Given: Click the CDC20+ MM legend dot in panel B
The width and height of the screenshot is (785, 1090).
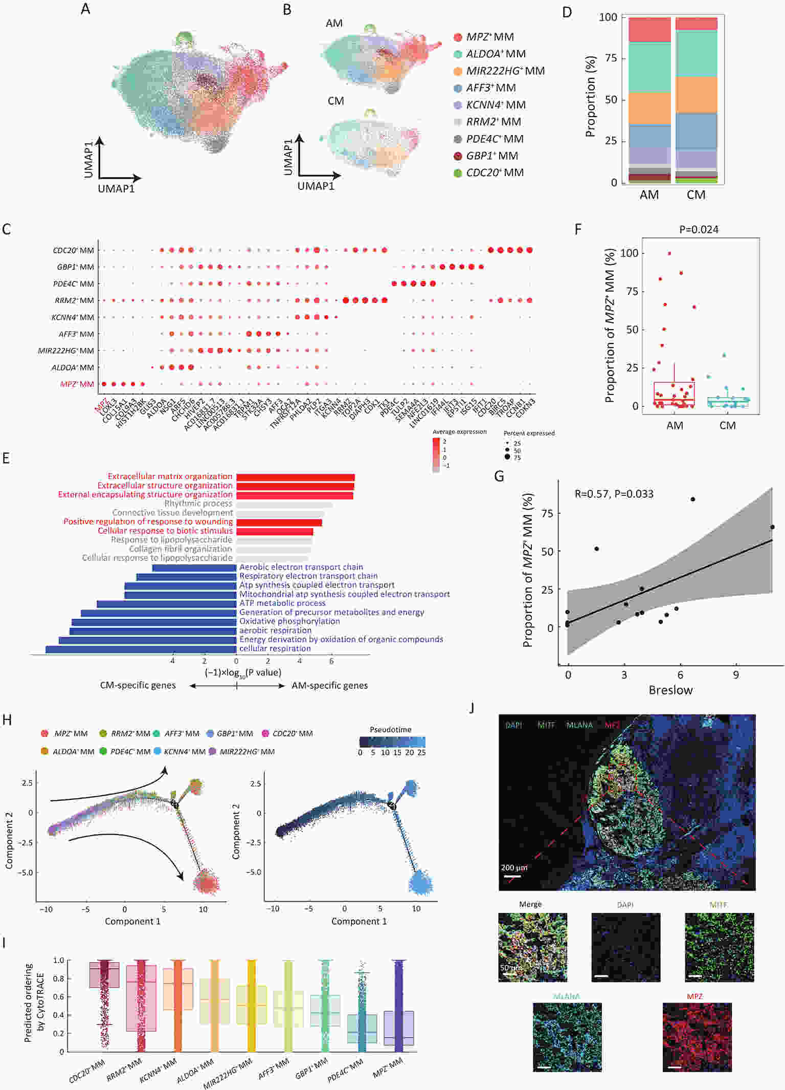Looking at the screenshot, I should pyautogui.click(x=458, y=173).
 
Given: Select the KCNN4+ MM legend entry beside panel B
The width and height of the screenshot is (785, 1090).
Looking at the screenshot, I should pyautogui.click(x=496, y=105).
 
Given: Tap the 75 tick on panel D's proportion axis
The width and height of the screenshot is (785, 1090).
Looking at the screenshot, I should pyautogui.click(x=611, y=58).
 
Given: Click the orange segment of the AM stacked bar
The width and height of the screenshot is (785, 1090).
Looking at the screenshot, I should pyautogui.click(x=649, y=108).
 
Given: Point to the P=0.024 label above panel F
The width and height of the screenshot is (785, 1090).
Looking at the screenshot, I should pyautogui.click(x=699, y=230).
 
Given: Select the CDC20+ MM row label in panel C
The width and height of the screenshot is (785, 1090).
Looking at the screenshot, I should pyautogui.click(x=73, y=250).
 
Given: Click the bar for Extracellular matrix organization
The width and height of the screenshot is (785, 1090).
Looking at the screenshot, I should pyautogui.click(x=295, y=477).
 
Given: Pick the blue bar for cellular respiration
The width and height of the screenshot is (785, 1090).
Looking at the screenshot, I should pyautogui.click(x=141, y=649).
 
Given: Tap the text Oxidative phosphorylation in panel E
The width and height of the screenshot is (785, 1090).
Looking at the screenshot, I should pyautogui.click(x=289, y=621).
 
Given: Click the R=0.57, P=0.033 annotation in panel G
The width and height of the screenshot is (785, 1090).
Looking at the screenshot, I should pyautogui.click(x=614, y=494).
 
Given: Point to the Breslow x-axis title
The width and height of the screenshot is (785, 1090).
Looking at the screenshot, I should pyautogui.click(x=670, y=690).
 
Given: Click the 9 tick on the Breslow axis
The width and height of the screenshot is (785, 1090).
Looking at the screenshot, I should pyautogui.click(x=736, y=675).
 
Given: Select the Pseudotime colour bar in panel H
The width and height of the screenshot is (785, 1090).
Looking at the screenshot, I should pyautogui.click(x=392, y=742).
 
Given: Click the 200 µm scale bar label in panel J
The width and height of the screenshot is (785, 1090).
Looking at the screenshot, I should pyautogui.click(x=514, y=868).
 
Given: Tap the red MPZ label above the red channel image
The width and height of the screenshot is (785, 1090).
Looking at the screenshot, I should pyautogui.click(x=694, y=996).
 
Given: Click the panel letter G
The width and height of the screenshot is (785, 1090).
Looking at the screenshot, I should pyautogui.click(x=499, y=476).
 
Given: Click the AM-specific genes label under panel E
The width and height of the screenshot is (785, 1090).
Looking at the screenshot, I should pyautogui.click(x=329, y=686).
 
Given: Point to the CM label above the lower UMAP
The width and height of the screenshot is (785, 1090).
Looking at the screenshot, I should pyautogui.click(x=335, y=101).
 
